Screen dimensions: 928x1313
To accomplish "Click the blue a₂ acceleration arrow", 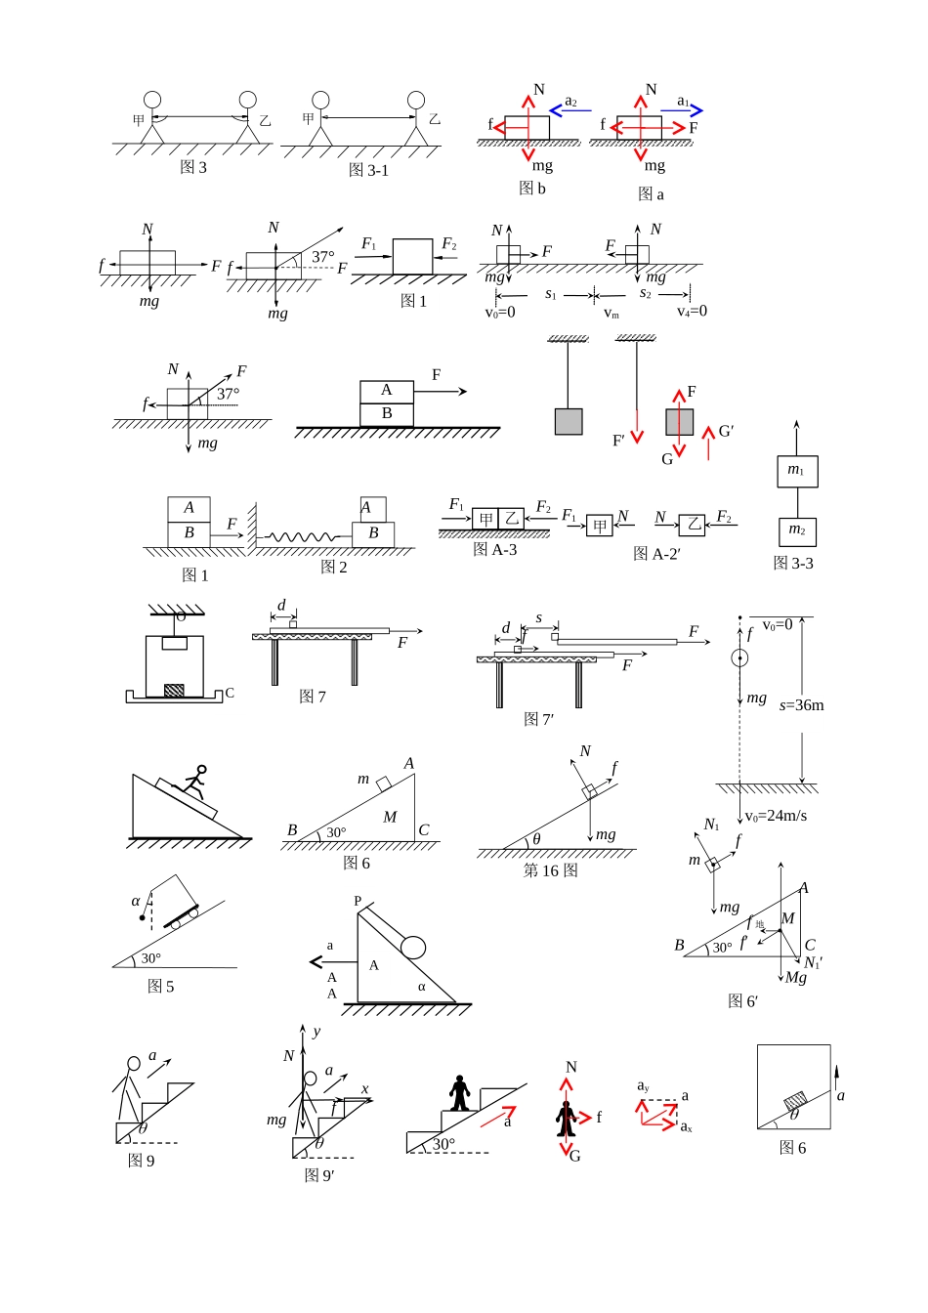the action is (569, 110).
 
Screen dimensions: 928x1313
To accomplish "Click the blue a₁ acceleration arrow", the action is (682, 110).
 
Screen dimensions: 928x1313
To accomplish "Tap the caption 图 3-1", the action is (368, 170).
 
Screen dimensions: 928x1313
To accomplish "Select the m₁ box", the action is (797, 471).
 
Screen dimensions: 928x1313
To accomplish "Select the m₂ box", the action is (797, 532).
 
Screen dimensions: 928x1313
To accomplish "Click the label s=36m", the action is (801, 705).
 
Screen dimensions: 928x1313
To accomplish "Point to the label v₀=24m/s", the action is (776, 816).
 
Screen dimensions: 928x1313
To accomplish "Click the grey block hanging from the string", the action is (569, 422).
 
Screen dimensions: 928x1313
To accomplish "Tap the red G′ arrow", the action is (709, 444).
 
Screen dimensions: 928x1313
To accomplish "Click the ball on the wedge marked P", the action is (413, 947).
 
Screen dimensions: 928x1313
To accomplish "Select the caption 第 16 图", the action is (551, 870).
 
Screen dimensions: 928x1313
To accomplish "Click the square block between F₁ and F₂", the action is (412, 256).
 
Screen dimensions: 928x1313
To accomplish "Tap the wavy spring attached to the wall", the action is (301, 536).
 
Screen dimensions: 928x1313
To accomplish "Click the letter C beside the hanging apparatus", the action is (230, 693).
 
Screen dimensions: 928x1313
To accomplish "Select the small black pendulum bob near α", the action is (142, 917).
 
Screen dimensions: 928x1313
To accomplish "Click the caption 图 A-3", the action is (495, 549).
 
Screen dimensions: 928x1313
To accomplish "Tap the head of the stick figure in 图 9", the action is (134, 1063).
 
